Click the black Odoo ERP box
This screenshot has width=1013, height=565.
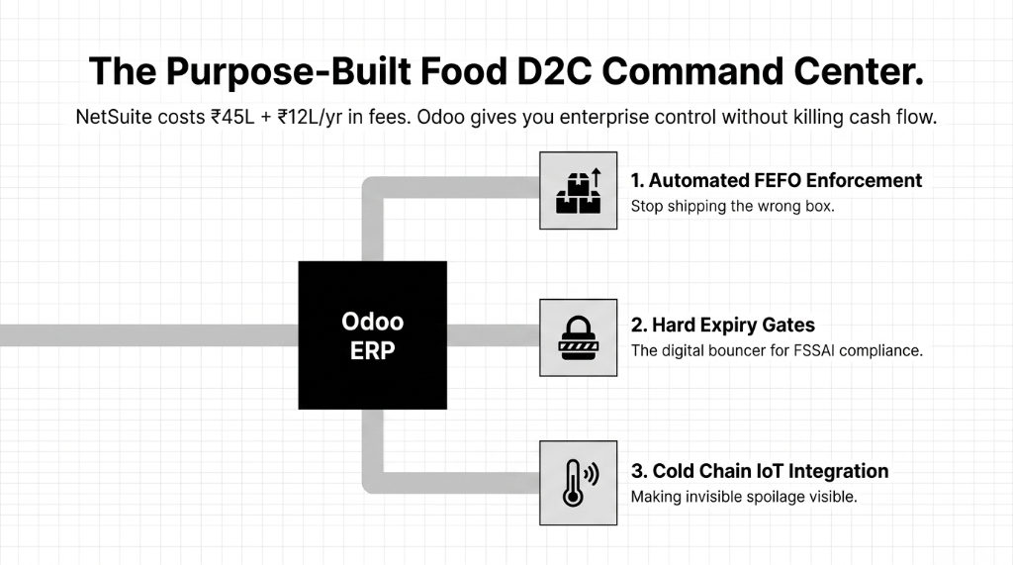pyautogui.click(x=372, y=334)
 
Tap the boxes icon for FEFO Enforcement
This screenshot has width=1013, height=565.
pyautogui.click(x=578, y=190)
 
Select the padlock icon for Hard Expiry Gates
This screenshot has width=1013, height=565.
pyautogui.click(x=578, y=337)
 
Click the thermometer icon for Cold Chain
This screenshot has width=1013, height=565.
pyautogui.click(x=578, y=480)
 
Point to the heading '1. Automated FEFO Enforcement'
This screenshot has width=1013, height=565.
pyautogui.click(x=776, y=180)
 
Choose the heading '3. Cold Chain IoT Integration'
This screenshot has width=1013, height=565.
pyautogui.click(x=759, y=471)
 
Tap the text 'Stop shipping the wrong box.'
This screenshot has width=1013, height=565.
pyautogui.click(x=732, y=207)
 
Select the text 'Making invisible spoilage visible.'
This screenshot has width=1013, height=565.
pyautogui.click(x=743, y=497)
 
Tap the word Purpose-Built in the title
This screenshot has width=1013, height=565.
pyautogui.click(x=305, y=71)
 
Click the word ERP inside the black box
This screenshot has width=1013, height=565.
pyautogui.click(x=372, y=351)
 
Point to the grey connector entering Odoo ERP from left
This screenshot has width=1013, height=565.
pyautogui.click(x=148, y=334)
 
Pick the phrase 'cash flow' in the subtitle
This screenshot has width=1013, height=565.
pyautogui.click(x=895, y=117)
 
